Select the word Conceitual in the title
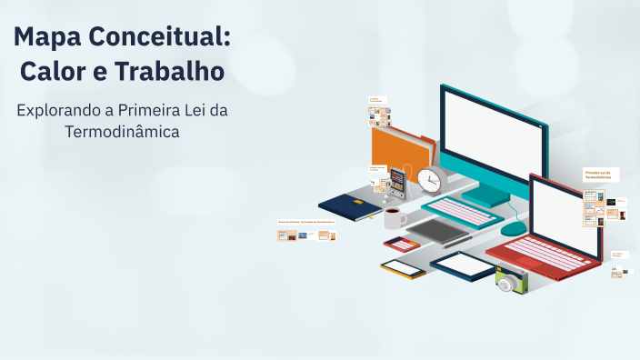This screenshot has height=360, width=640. pos(165,38)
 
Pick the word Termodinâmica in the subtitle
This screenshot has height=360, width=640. pos(123,133)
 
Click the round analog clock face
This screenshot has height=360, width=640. pos(429,180)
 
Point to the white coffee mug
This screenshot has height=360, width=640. pos(394,217)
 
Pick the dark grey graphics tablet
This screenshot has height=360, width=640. pos(437,231)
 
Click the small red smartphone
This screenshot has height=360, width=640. pos(401,244)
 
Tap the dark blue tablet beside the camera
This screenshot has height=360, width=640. pos(464,265)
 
